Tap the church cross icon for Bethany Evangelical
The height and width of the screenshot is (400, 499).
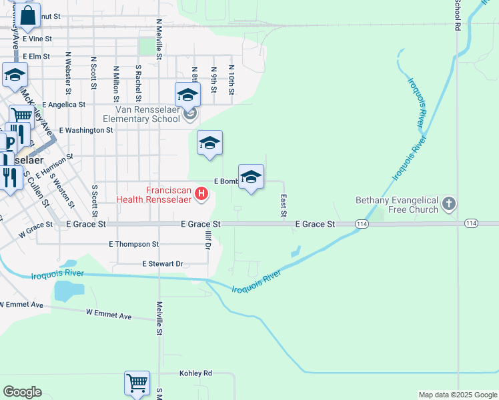coord(449,204)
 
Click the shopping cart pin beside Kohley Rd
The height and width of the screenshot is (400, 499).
coord(137,383)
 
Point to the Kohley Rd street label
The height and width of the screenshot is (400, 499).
coord(195,373)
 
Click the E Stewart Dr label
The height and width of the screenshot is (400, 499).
coord(163,265)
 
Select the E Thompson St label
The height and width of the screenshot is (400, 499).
coord(133,245)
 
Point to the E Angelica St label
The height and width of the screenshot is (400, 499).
coord(63,105)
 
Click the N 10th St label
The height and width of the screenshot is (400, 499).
coord(231,79)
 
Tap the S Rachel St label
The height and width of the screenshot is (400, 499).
coord(138,79)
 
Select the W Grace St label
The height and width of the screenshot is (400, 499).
coord(35,230)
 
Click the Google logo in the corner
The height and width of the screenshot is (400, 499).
coord(22,392)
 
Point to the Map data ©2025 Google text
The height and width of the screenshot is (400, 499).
coord(457,395)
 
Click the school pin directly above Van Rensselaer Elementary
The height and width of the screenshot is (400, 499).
coord(188,95)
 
